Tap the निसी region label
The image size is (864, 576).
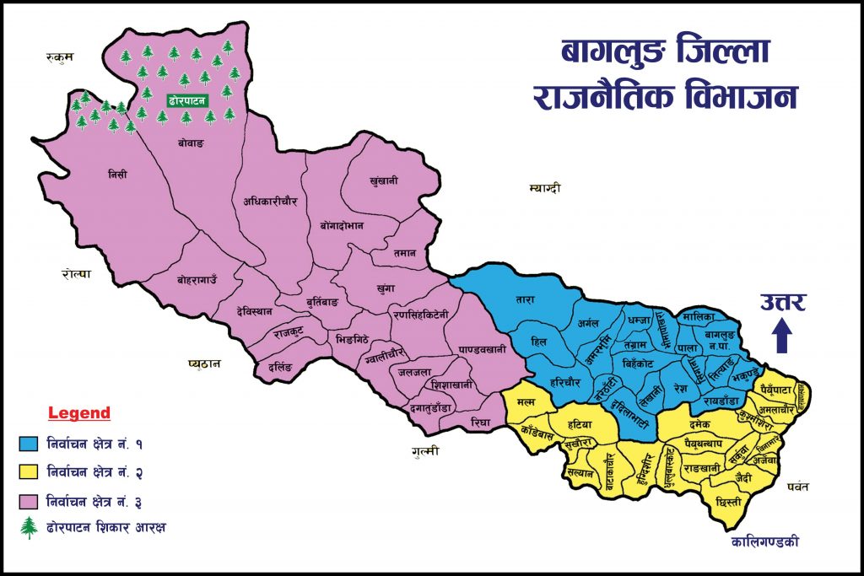(x=117, y=175)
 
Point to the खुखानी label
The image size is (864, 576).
(x=384, y=180)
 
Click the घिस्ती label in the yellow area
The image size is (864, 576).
(x=727, y=502)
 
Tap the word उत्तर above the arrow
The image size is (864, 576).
(x=782, y=301)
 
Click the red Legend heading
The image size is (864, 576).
(x=79, y=413)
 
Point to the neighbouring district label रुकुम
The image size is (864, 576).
(x=61, y=57)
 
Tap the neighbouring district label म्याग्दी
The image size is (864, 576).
(x=545, y=186)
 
